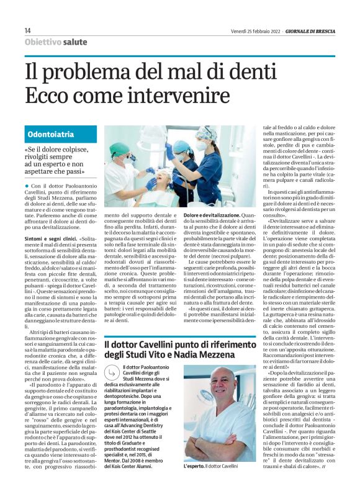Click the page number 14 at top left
click(x=28, y=30)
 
